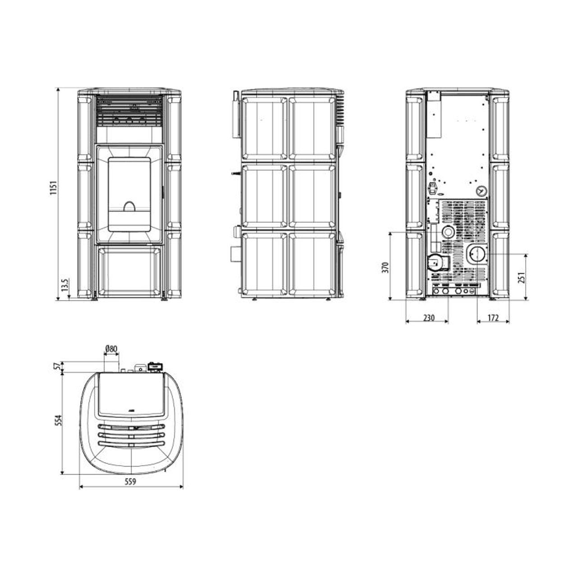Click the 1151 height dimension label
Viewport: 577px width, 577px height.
(x=53, y=188)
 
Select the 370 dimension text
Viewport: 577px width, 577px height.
(x=386, y=267)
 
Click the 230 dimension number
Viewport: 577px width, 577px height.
(x=429, y=317)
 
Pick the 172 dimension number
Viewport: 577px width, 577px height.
(x=493, y=317)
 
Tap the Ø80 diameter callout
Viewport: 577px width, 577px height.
(x=111, y=348)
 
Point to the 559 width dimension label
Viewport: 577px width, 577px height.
(x=130, y=481)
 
